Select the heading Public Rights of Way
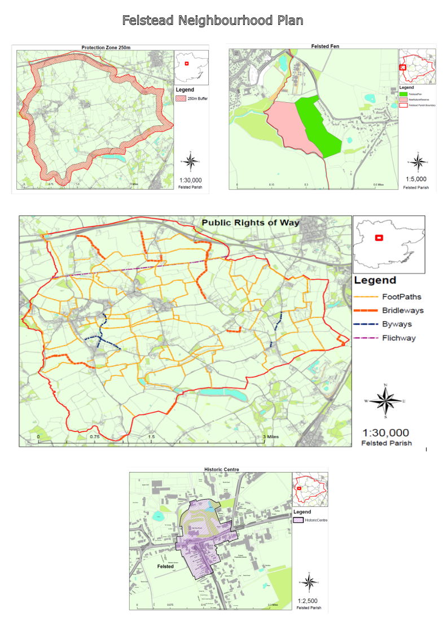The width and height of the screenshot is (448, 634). pyautogui.click(x=251, y=223)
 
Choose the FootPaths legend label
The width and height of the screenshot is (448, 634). pyautogui.click(x=401, y=297)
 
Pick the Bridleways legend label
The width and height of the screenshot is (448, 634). pyautogui.click(x=402, y=311)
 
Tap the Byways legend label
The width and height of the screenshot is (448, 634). pyautogui.click(x=397, y=325)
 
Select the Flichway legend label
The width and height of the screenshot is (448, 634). pyautogui.click(x=399, y=338)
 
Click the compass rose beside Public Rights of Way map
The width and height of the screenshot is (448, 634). pyautogui.click(x=385, y=401)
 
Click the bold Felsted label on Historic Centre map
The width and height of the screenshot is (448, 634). pyautogui.click(x=165, y=566)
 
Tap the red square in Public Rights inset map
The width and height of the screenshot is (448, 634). pyautogui.click(x=380, y=238)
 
